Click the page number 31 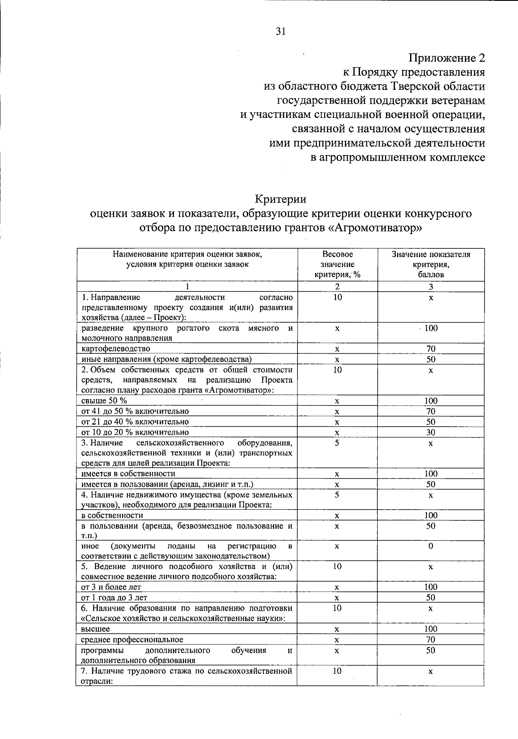281,31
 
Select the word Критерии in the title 280,200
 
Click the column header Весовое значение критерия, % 338,264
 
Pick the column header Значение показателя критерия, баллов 430,264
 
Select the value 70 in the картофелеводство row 430,349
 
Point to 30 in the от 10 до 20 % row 430,432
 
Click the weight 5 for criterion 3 337,443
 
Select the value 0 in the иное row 430,546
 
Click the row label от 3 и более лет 111,587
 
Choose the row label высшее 95,629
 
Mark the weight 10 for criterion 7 337,671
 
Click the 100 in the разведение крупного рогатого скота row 430,328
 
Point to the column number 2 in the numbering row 337,286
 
